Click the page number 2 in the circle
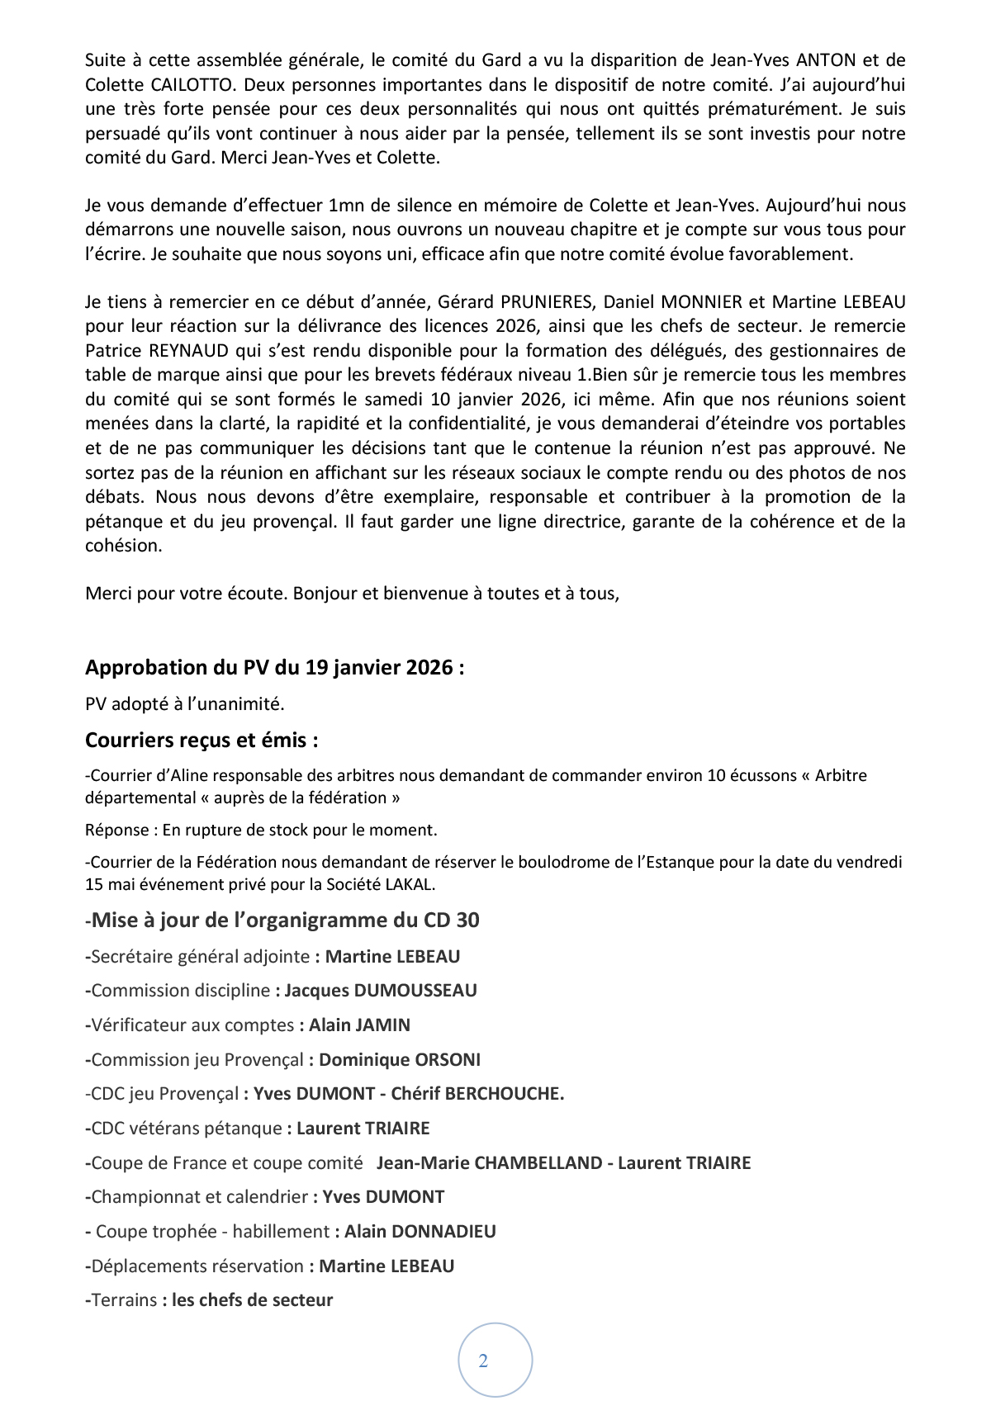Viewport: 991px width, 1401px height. pos(483,1361)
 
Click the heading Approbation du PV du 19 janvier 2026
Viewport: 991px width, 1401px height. pos(274,667)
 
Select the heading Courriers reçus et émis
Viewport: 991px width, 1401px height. pos(202,740)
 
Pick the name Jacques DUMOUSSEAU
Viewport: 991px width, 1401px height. pos(381,990)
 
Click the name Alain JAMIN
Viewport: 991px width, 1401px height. pos(359,1025)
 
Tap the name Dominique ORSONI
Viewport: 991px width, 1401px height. pos(400,1059)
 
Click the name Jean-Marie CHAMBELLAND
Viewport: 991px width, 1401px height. pos(489,1162)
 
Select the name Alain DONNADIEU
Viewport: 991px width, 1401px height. pos(420,1231)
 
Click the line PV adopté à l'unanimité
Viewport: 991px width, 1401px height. pos(184,704)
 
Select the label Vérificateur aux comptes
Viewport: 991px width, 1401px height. pos(192,1025)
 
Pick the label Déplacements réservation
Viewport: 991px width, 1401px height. pos(197,1266)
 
